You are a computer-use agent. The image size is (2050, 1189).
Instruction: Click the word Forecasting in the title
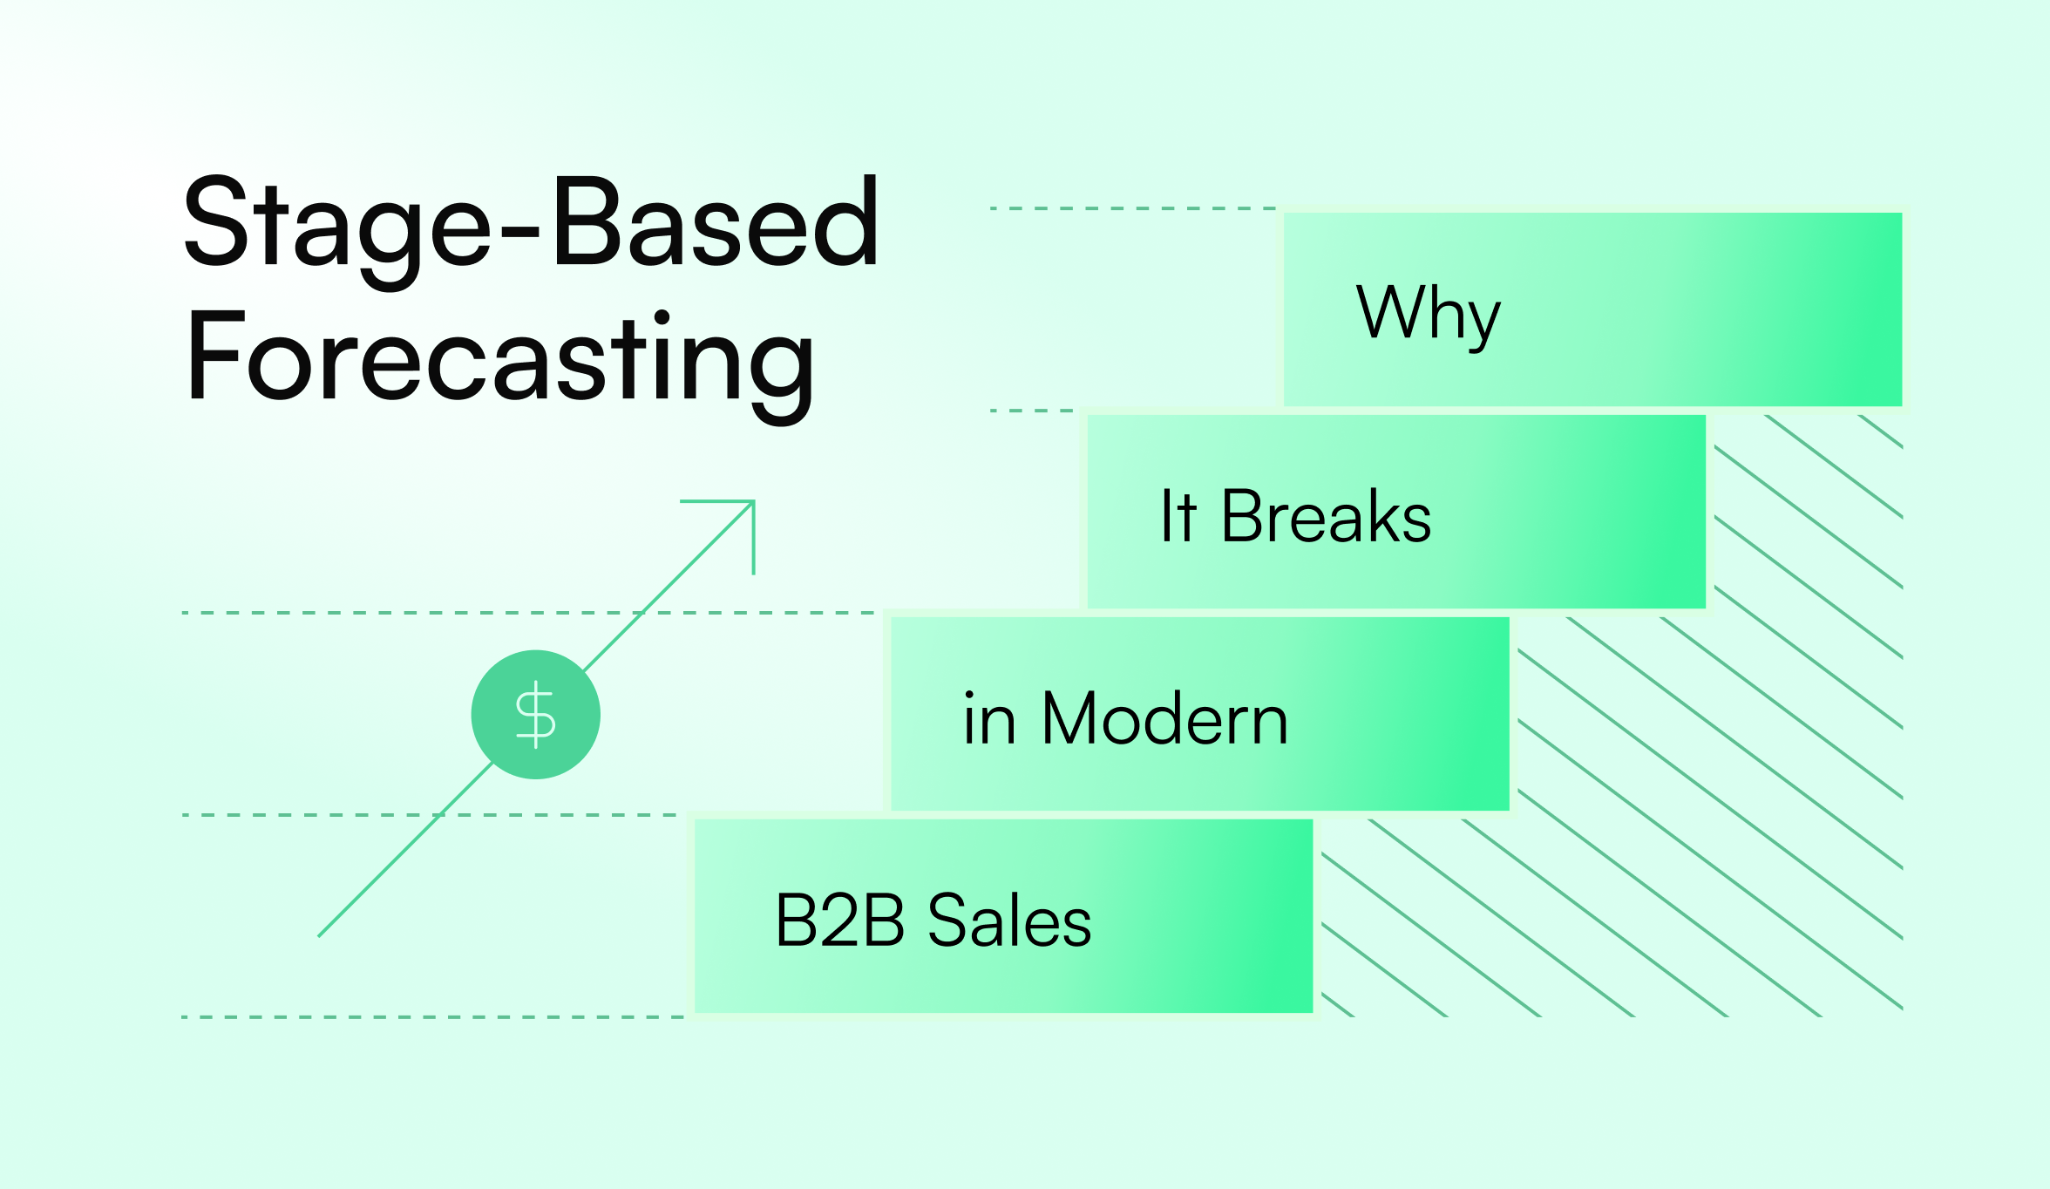tap(500, 359)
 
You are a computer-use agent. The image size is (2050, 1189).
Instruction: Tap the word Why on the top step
tap(1428, 314)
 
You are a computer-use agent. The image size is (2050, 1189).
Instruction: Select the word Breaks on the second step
tap(1326, 517)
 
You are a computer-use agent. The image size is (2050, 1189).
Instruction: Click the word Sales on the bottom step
tap(1008, 921)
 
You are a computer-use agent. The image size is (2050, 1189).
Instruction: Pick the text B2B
tap(839, 921)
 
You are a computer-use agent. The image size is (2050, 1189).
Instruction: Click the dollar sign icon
tap(535, 715)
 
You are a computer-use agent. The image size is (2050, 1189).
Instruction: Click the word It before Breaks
tap(1178, 517)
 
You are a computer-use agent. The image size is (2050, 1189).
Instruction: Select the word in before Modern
tap(989, 720)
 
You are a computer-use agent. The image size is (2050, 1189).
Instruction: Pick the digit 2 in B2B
tap(839, 921)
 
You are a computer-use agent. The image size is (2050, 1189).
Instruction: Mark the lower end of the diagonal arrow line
tap(319, 936)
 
